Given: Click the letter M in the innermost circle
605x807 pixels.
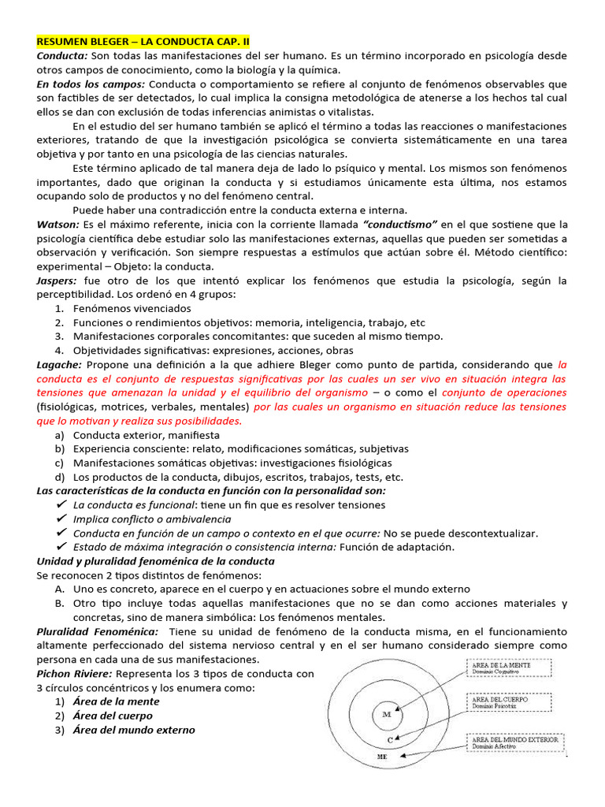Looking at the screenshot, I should (386, 714).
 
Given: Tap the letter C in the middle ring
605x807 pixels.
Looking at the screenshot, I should (390, 740).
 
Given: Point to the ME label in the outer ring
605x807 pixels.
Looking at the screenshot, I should (383, 756).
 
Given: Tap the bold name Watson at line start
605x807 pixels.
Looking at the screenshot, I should (58, 224).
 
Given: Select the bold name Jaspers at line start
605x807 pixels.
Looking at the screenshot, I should (58, 280).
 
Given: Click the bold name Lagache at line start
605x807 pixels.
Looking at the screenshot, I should (59, 364).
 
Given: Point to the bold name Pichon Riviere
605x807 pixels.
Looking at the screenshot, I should (74, 673).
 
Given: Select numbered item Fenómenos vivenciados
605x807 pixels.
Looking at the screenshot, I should (132, 308).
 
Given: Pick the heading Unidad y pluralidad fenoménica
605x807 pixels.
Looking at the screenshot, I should (155, 560).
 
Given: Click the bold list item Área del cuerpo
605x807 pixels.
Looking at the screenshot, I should (113, 716).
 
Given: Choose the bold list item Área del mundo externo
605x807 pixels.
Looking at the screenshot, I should (134, 730).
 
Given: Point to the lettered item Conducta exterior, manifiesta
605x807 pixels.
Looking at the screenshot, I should (147, 434).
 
